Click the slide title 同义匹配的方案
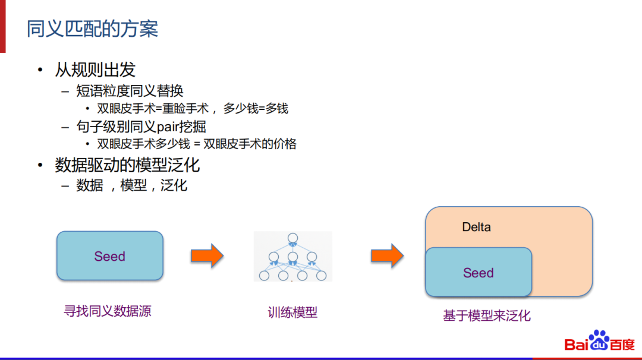pos(92,29)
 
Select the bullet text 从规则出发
pos(95,70)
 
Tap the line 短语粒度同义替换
pos(130,91)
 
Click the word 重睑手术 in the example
pos(186,109)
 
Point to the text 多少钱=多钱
pos(256,109)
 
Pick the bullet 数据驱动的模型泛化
pos(127,165)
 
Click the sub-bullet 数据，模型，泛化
pos(131,185)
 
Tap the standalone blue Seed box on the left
pos(110,256)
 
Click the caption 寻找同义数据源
pos(108,311)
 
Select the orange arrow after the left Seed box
pos(206,256)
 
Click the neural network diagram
pos(292,257)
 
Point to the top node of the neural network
pos(292,239)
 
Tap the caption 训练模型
pos(292,312)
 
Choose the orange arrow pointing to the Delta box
pos(387,256)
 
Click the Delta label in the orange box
pos(476,227)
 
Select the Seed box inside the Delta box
pos(479,273)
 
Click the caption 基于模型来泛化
pos(486,315)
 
